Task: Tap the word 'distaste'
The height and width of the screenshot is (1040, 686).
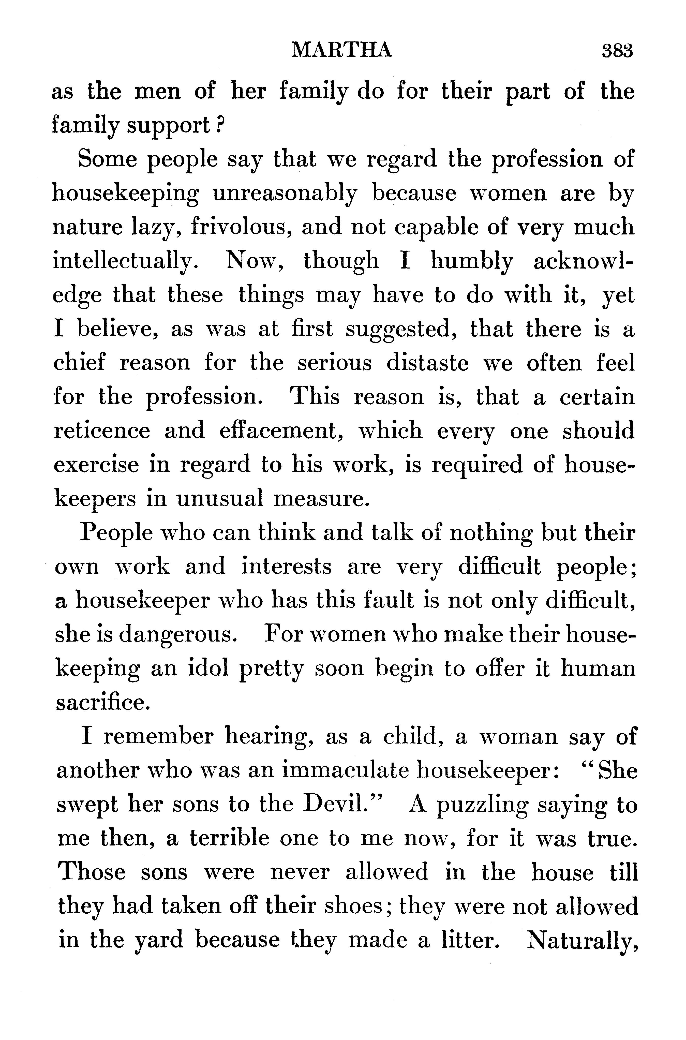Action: coord(427,363)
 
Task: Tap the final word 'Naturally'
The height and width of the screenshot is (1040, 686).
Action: coord(582,941)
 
